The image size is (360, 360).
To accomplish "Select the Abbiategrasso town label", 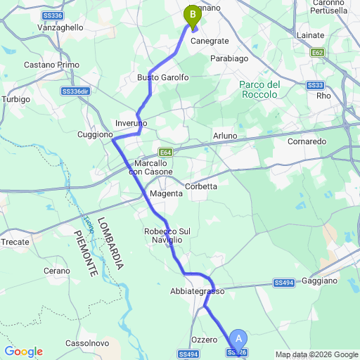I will [x=197, y=291].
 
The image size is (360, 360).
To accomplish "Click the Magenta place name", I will [x=167, y=193].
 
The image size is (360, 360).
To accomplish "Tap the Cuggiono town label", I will [x=95, y=134].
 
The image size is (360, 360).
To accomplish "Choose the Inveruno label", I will [x=131, y=123].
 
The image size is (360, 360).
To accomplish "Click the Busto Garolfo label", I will [x=163, y=77].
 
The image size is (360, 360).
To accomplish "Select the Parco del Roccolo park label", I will [x=259, y=89].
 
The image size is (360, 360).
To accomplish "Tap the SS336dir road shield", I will [x=77, y=91].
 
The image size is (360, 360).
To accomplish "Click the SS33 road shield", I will [x=315, y=85].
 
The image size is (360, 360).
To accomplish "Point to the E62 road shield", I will [x=319, y=52].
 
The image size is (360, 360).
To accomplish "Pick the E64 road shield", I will [x=165, y=151].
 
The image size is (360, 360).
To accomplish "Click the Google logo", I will [x=23, y=352].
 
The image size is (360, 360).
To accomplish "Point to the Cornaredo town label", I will [x=307, y=141].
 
